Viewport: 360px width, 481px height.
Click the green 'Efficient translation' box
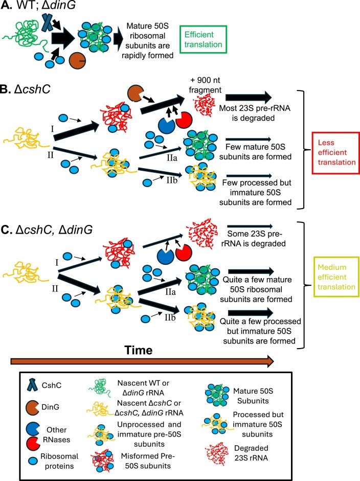203,39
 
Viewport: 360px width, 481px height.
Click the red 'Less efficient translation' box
335,153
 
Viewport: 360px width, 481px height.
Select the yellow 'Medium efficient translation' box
336,277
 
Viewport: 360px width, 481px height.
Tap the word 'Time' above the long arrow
139,350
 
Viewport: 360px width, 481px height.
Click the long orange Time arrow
142,361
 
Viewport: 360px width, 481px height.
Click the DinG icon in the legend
33,407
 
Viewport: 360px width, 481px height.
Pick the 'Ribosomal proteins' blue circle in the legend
33,461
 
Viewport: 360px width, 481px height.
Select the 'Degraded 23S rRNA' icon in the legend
217,453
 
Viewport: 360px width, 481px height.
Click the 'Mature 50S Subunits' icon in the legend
217,396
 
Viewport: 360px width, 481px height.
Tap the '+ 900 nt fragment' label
205,85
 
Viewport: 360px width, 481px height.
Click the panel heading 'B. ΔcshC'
25,89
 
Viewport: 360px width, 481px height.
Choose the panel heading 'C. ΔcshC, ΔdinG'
47,230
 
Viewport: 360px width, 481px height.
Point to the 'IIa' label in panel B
172,158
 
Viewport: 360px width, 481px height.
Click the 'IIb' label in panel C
170,317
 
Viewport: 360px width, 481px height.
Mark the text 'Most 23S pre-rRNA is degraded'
255,113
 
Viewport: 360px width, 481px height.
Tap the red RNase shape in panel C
184,253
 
